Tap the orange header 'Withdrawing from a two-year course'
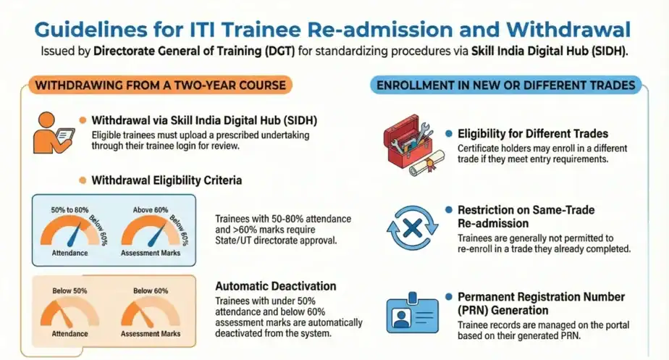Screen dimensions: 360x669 (160, 85)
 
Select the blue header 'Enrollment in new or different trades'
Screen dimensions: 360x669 (507, 85)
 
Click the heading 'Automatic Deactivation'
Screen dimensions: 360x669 (276, 286)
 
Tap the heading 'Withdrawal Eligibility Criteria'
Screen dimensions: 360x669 (167, 180)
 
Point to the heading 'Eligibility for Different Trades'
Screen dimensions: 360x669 (532, 133)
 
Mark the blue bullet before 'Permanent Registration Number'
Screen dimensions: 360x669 (450, 297)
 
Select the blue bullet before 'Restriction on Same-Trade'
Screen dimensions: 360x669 (450, 210)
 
